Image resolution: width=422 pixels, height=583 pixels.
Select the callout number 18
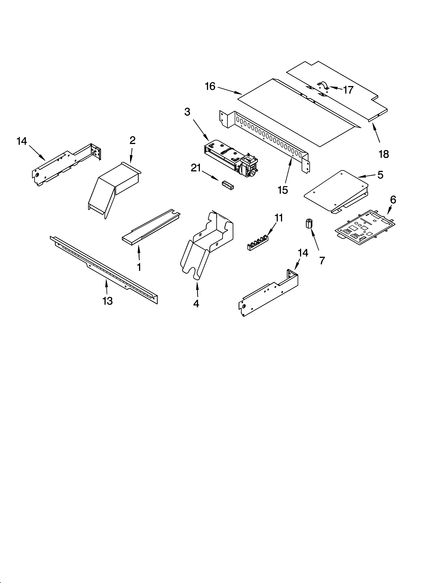(x=384, y=154)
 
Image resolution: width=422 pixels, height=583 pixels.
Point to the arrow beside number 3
(x=200, y=130)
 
